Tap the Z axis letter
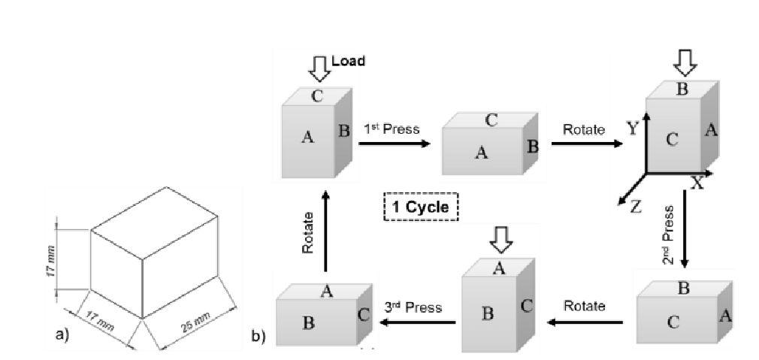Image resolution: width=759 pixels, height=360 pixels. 635,207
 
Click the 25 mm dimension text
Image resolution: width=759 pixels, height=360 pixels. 195,321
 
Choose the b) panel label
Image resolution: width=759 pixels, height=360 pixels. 258,336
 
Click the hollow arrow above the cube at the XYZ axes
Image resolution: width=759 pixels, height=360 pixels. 683,61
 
